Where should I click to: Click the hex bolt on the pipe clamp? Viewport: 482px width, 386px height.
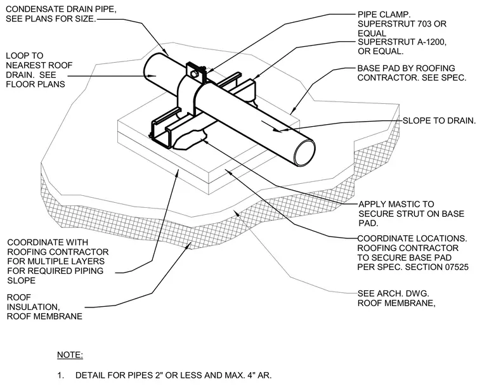[194, 73]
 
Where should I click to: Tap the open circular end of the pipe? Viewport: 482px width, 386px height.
[304, 153]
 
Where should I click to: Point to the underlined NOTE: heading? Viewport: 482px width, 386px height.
[70, 355]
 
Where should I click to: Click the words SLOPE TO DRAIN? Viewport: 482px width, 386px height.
[440, 120]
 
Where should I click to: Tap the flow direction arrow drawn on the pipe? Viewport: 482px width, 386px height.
[272, 126]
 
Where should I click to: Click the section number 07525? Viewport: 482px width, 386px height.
[455, 267]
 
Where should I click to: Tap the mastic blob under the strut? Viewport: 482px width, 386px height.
[190, 140]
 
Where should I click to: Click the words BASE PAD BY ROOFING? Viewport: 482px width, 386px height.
[406, 68]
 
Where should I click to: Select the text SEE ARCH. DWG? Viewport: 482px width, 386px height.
[393, 293]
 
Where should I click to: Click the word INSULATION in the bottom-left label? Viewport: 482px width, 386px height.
[33, 307]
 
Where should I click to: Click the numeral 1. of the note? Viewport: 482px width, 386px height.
[60, 375]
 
